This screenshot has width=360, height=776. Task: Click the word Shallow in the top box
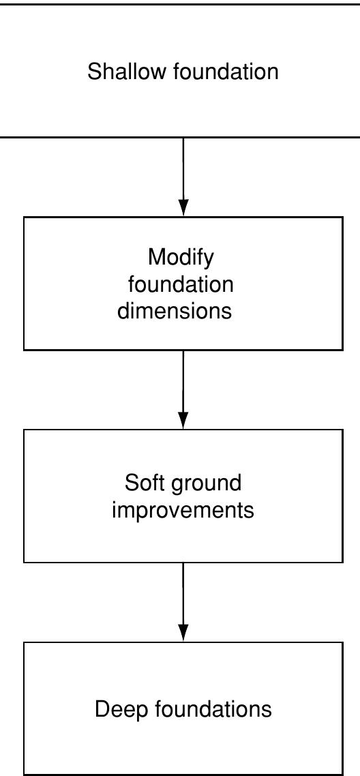127,72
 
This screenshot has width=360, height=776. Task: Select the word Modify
181,258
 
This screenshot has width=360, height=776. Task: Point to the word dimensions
175,311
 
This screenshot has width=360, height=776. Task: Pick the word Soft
143,483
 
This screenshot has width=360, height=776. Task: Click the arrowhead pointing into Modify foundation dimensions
183,208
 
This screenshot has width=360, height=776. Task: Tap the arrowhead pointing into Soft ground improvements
183,421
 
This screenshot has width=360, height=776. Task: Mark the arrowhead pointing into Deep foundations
183,633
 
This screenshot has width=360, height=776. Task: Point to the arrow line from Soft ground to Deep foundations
183,593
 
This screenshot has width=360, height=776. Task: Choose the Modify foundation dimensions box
68,284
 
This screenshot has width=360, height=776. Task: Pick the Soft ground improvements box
68,496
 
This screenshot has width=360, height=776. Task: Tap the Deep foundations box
68,709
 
